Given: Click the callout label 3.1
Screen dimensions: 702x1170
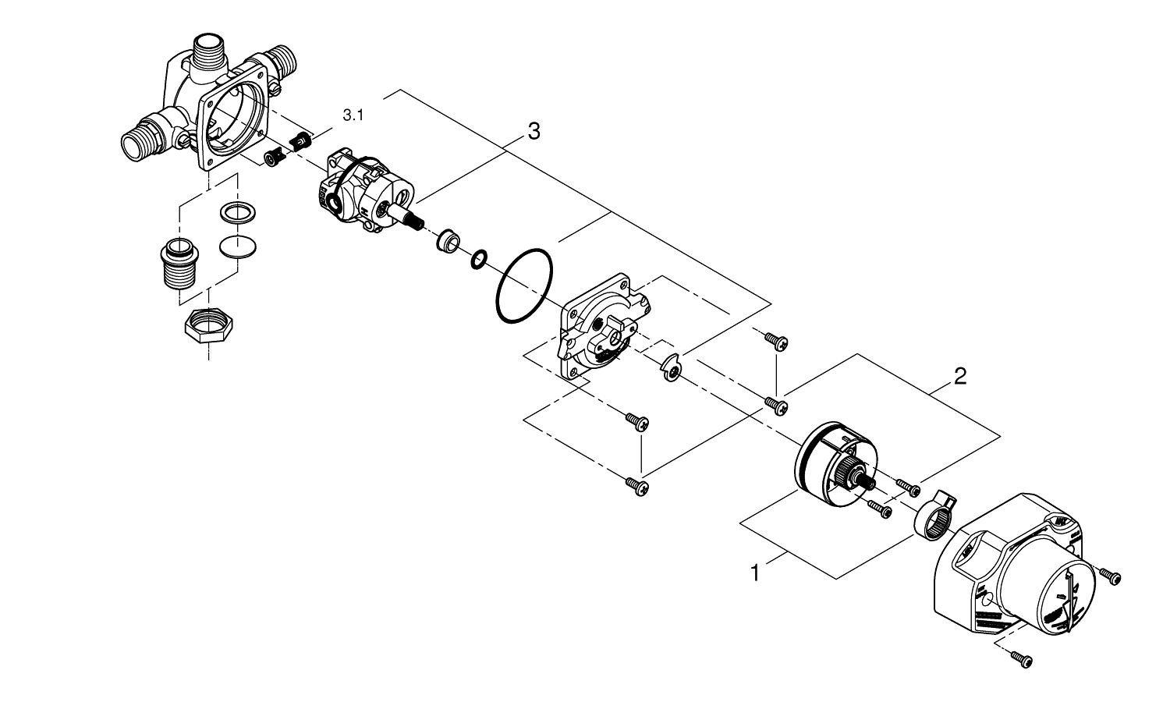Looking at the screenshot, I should [x=353, y=115].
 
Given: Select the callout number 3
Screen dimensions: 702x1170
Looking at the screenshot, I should [x=533, y=132].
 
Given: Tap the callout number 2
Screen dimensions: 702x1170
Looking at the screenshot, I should [x=959, y=378].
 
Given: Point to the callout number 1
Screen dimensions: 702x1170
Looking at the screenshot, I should [x=754, y=573].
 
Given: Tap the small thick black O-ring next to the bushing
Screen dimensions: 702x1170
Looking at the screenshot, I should [x=479, y=257].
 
